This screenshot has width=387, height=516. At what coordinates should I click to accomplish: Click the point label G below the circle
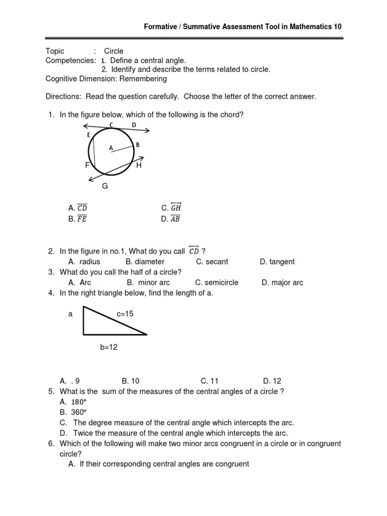(x=105, y=186)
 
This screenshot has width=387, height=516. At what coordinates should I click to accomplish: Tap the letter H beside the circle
(x=139, y=165)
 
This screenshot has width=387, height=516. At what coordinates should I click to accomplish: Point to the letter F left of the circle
(x=87, y=165)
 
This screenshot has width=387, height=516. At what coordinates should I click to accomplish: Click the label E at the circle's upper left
(x=89, y=135)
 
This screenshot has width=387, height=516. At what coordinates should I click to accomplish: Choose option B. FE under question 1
(x=78, y=219)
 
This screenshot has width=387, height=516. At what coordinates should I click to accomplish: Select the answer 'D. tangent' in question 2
(x=277, y=262)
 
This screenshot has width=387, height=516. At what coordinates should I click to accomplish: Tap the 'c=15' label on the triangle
(x=125, y=313)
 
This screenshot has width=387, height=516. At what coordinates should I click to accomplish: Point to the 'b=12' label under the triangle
(x=108, y=347)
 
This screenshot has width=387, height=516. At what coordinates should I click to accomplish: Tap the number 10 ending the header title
(x=338, y=27)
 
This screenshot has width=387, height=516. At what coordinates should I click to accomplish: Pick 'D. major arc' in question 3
(x=282, y=283)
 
